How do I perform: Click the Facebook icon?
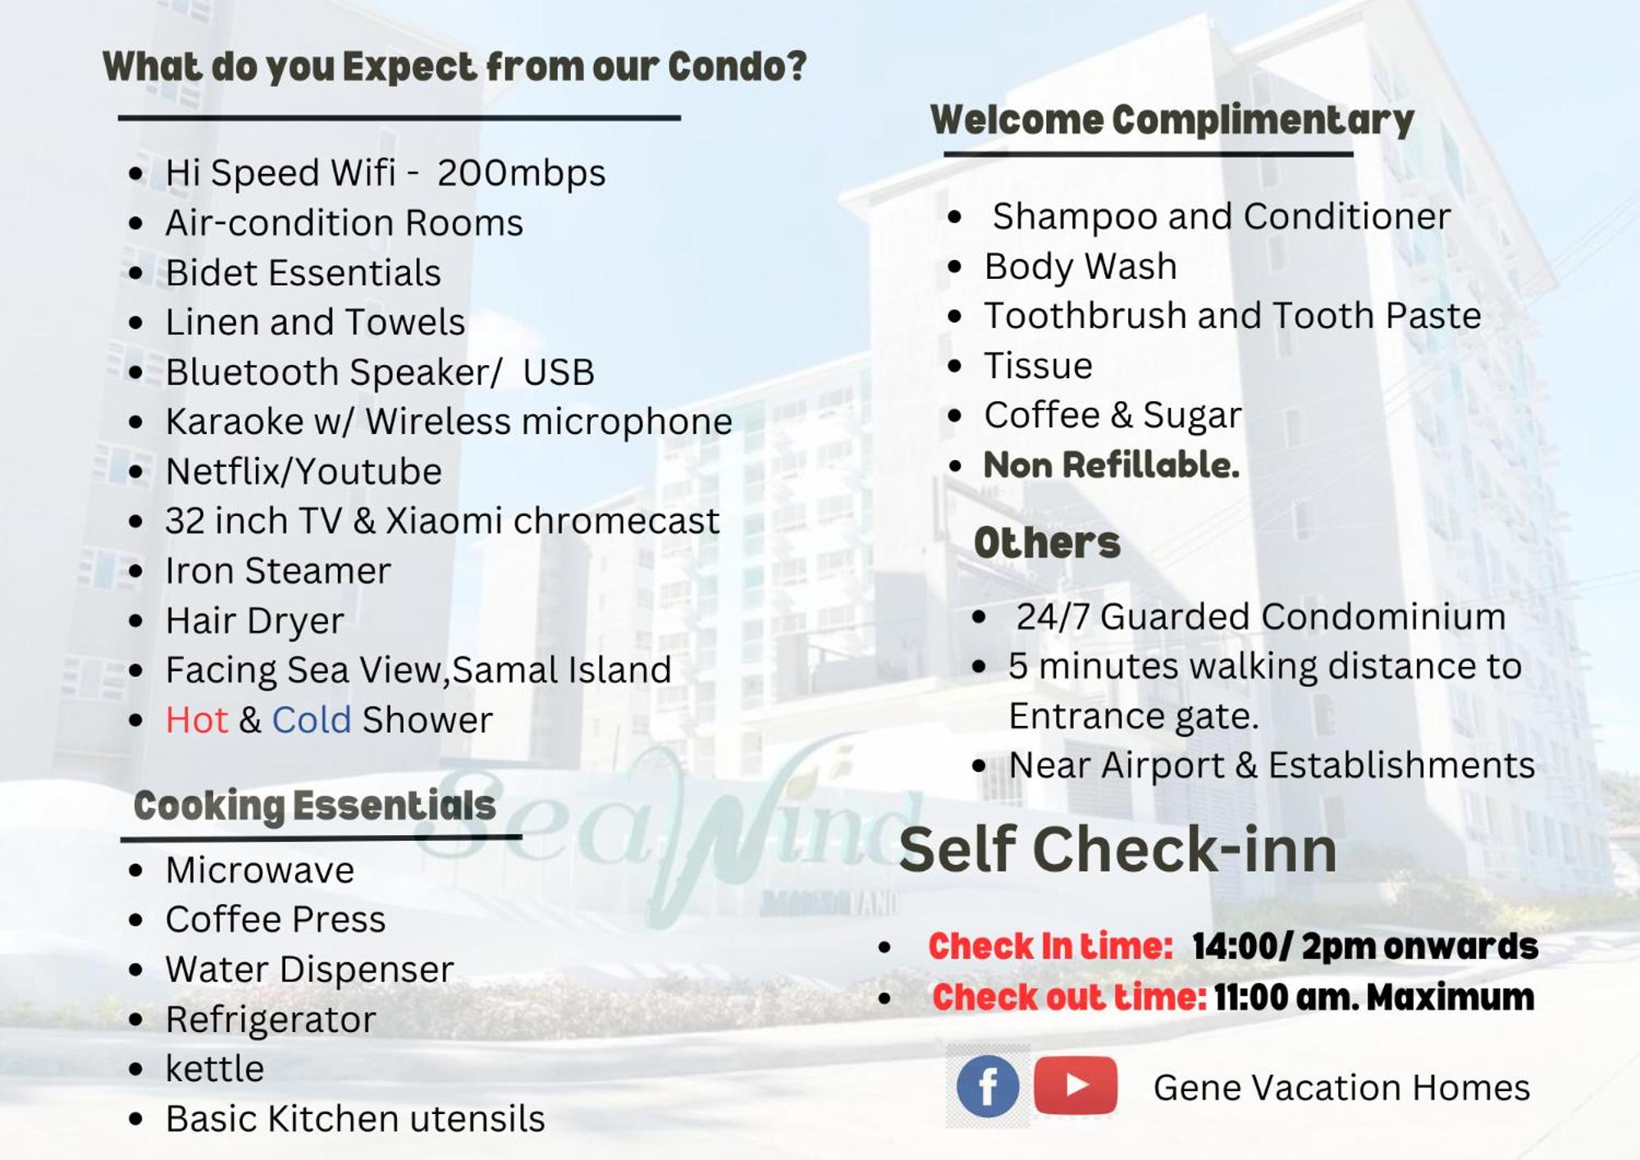(988, 1086)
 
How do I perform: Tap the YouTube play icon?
(1076, 1085)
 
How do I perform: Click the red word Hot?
(196, 719)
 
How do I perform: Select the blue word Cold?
(312, 719)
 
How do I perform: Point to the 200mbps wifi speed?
(521, 173)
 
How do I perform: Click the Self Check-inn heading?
(1118, 849)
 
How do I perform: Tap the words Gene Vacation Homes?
(1341, 1088)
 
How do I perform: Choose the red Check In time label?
(1050, 946)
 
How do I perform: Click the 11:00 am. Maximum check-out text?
(1374, 998)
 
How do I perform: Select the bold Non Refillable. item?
(1112, 465)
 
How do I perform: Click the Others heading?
(1047, 542)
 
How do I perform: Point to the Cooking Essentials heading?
(315, 806)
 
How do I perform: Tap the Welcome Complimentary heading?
(1172, 120)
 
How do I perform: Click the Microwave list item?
(260, 870)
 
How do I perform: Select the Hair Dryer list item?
(255, 621)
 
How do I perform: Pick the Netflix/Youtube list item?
(304, 472)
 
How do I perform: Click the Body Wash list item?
(1080, 267)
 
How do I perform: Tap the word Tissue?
(1039, 366)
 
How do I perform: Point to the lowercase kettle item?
(215, 1069)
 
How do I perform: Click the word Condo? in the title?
(738, 66)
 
